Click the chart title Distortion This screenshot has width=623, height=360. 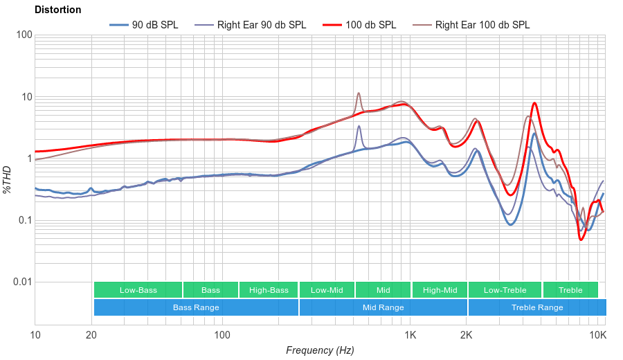click(57, 10)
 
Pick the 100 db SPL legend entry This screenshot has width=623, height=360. click(371, 25)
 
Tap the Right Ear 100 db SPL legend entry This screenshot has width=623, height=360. click(482, 25)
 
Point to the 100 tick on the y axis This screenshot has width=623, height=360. click(24, 35)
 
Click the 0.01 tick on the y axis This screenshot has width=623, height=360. click(21, 282)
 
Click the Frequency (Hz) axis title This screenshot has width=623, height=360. click(320, 350)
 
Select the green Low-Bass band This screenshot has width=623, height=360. click(138, 290)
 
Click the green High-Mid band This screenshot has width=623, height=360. click(440, 290)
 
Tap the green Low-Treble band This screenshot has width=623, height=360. click(505, 290)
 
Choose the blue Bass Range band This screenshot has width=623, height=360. click(196, 307)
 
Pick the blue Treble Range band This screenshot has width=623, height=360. click(536, 307)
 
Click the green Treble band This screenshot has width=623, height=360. click(570, 290)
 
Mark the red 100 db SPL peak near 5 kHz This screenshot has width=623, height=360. click(534, 103)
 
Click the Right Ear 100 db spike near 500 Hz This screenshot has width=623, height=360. click(359, 93)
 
